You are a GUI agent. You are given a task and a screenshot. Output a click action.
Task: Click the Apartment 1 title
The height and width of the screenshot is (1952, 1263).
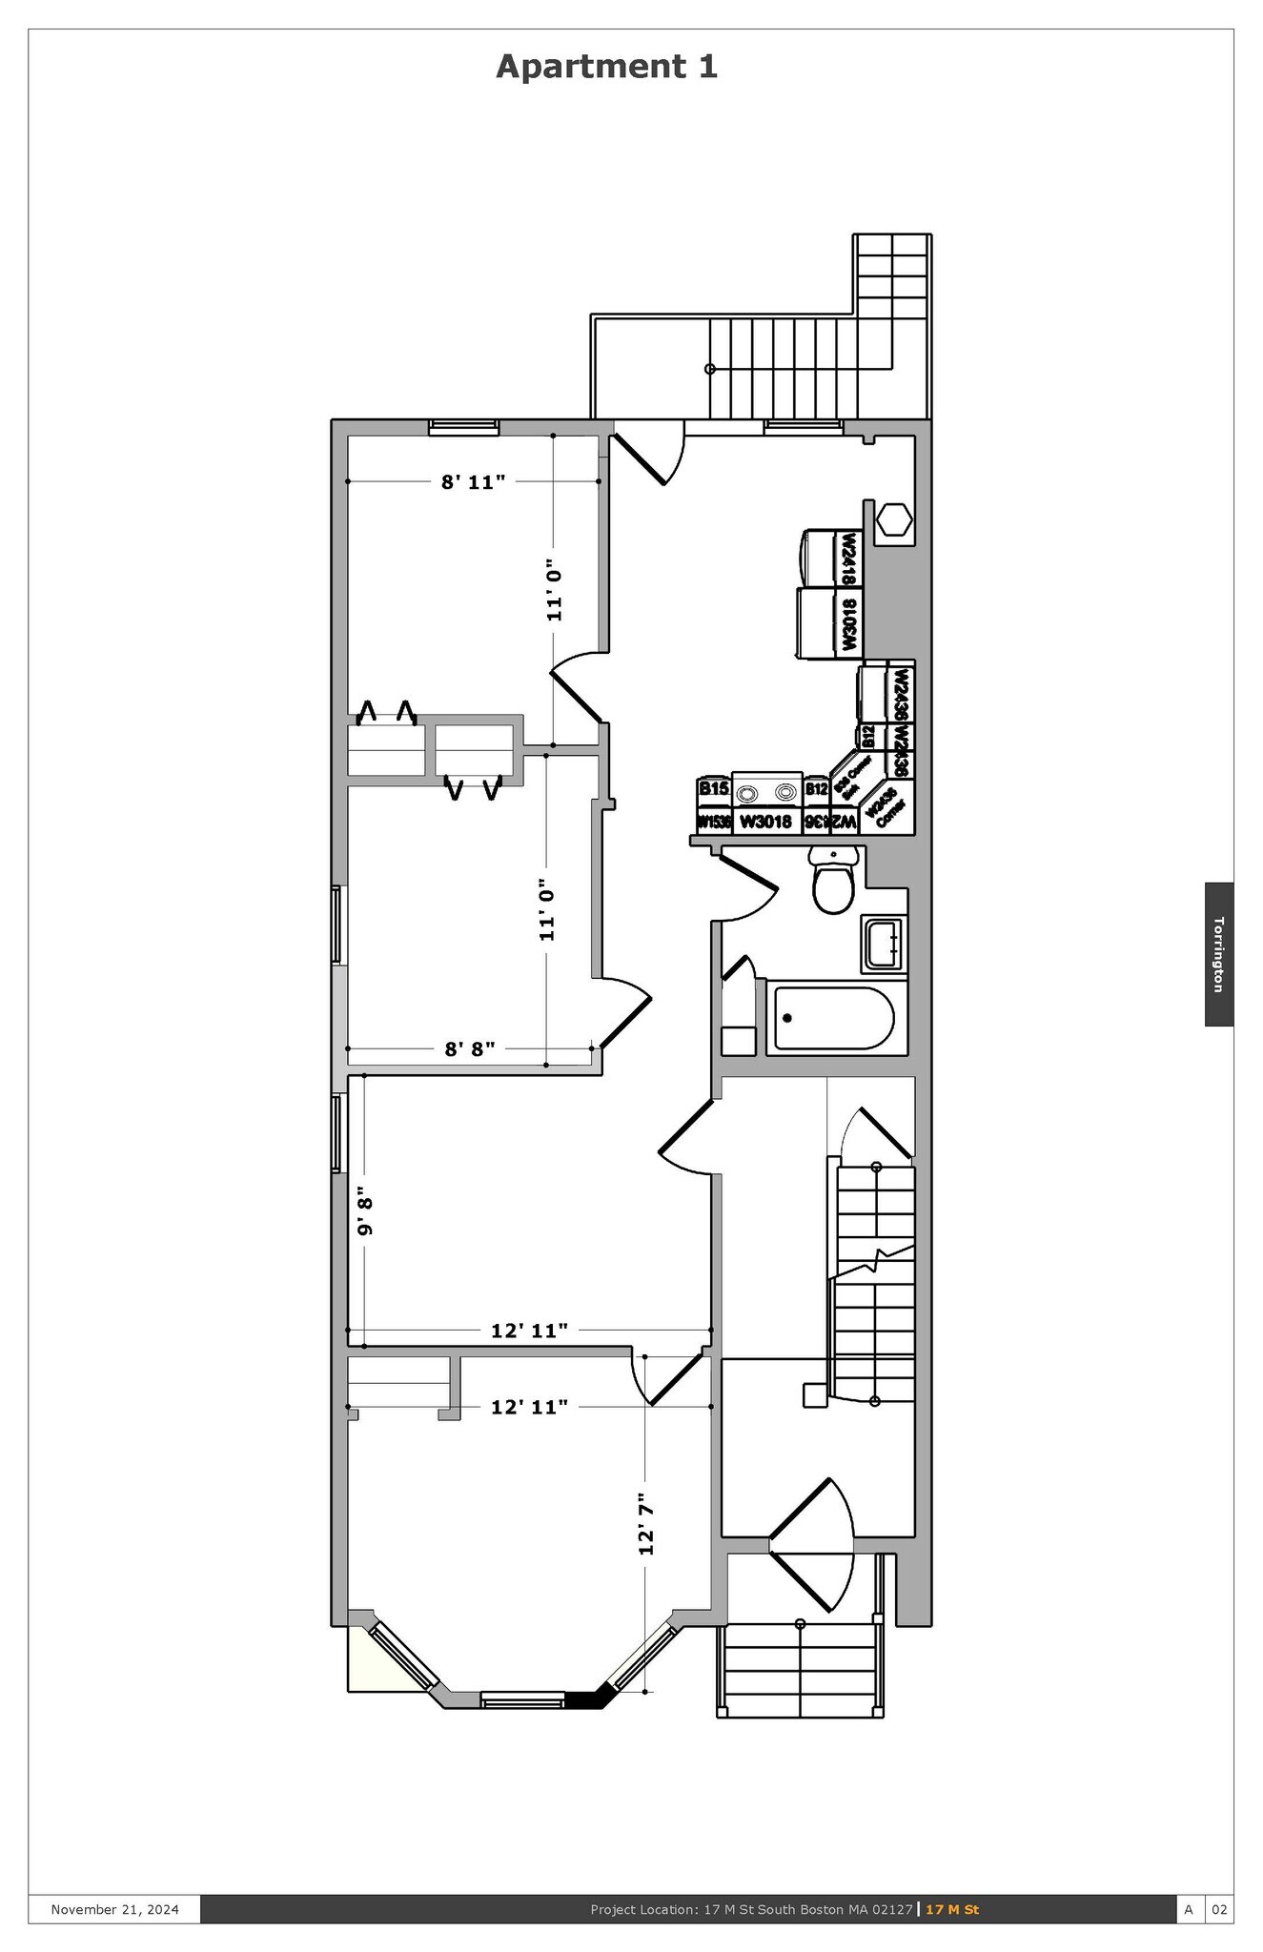606,67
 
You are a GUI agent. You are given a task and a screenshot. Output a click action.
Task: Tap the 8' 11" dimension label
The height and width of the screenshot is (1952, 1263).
473,482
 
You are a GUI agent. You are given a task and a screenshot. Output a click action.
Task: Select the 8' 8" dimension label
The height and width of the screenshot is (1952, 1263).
470,1049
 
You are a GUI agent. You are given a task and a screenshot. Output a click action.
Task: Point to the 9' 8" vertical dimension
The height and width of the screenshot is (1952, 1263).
363,1210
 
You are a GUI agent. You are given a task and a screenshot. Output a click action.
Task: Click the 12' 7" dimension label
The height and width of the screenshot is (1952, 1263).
646,1524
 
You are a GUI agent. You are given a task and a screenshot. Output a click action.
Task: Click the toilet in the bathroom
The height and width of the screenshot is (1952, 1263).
832,885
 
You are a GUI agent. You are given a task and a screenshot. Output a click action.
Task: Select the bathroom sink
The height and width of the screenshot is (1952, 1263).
883,944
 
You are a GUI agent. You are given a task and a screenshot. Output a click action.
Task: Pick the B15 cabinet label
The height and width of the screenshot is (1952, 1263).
713,788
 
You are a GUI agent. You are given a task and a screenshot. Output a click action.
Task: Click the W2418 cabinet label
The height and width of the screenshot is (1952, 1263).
847,559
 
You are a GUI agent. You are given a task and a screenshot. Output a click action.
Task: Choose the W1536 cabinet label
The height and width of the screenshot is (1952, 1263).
713,821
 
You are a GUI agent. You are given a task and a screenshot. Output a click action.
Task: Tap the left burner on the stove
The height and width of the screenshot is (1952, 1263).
749,792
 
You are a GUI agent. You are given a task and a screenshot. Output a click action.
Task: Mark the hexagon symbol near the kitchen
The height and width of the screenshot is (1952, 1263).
894,520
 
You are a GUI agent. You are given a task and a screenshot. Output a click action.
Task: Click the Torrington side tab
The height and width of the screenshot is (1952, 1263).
1218,954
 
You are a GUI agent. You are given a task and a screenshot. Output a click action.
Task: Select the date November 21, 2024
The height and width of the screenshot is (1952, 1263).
114,1909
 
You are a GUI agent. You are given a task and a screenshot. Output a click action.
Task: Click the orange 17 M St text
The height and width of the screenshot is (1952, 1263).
951,1909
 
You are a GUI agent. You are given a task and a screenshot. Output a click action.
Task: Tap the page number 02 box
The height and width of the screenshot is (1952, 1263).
1219,1909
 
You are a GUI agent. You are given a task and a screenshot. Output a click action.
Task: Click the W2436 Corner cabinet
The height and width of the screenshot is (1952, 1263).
886,808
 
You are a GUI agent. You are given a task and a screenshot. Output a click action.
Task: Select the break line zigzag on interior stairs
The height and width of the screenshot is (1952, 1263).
875,1260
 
